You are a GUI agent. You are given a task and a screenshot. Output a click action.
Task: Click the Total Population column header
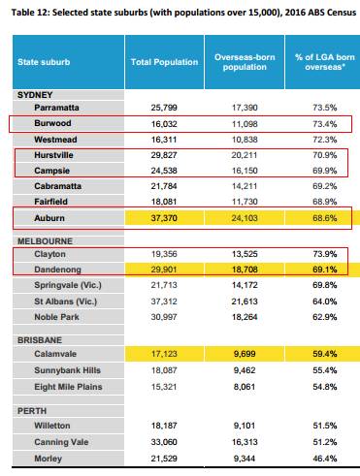164,62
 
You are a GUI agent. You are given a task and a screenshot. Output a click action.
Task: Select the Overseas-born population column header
245,62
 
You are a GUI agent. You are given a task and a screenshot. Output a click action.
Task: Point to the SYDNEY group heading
35,95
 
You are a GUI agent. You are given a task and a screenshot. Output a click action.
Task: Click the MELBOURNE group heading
45,241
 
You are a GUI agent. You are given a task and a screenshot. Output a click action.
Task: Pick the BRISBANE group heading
40,340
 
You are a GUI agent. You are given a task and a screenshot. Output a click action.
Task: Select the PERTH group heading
32,411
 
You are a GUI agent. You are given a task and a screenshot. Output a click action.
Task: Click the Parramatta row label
56,108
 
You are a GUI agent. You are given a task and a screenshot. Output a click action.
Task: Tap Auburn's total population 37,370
164,218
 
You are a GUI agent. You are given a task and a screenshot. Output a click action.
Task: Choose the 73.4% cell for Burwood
325,124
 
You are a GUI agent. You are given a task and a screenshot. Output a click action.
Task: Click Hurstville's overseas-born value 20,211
245,155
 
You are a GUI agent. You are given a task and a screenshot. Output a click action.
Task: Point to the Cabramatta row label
58,186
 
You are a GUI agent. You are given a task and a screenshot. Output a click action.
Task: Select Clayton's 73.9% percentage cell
325,254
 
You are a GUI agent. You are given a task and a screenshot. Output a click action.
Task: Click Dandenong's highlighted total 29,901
164,270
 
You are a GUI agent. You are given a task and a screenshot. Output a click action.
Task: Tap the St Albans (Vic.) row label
66,301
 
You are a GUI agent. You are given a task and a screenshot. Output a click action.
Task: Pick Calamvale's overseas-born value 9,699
245,354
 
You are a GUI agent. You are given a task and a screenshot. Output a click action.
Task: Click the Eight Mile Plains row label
68,387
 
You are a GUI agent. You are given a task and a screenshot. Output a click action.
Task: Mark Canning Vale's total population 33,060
164,442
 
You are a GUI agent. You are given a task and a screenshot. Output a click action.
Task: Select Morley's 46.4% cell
325,459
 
